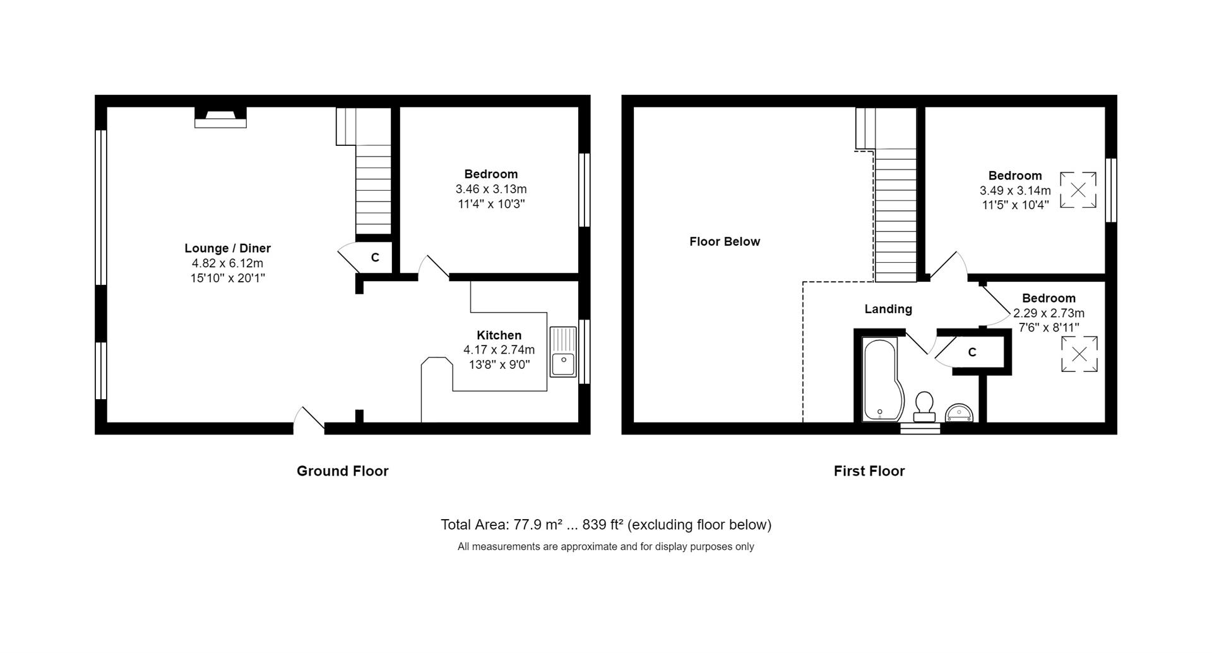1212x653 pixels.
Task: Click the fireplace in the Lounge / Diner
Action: (x=220, y=117)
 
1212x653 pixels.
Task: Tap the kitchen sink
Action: (x=563, y=352)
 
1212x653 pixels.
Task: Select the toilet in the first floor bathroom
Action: (x=924, y=405)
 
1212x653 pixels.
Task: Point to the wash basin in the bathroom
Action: (x=959, y=413)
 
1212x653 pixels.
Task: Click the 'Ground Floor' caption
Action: (x=343, y=471)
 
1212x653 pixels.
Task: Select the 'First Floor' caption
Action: (x=869, y=471)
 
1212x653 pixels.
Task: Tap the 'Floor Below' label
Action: (x=725, y=241)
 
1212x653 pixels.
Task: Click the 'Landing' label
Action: (x=888, y=309)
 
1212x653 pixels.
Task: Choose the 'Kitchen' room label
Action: (x=499, y=335)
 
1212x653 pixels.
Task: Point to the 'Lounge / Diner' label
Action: (x=227, y=248)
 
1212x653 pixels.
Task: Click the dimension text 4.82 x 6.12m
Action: (x=227, y=263)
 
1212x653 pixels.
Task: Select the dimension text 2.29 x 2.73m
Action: (x=1049, y=313)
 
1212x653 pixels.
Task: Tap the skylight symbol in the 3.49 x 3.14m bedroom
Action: (x=1078, y=189)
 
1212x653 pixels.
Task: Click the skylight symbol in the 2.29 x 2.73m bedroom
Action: (x=1079, y=354)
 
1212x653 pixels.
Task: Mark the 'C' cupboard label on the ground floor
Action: (x=375, y=258)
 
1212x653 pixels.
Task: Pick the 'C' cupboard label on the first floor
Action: (x=972, y=352)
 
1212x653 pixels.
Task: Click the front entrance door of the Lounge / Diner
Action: (x=309, y=420)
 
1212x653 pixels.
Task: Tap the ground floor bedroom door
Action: (x=434, y=268)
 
